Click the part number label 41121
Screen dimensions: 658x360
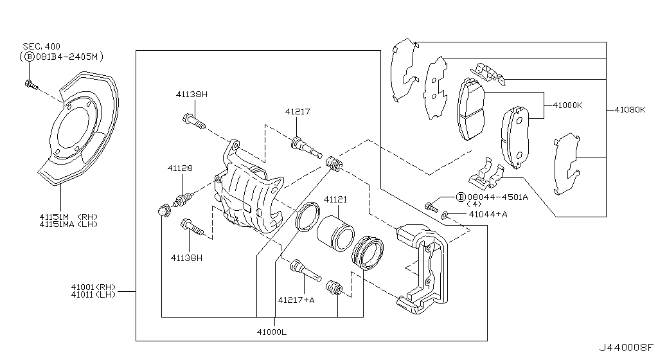pos(335,200)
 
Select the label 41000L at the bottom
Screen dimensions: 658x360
pos(272,332)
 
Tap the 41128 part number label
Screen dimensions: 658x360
pos(180,168)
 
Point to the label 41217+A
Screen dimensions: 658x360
pos(296,300)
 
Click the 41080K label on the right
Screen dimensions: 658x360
pos(630,110)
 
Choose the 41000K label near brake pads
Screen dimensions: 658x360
pos(568,105)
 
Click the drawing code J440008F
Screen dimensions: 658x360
pos(626,347)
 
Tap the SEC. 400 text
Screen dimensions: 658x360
pos(42,46)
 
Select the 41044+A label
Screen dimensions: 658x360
pos(488,215)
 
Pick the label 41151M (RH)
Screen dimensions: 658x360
pos(69,217)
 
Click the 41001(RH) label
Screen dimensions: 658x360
pos(93,287)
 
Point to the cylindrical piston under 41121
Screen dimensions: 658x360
pos(335,233)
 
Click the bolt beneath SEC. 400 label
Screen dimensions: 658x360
pos(31,84)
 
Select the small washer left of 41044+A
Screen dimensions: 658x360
pos(445,215)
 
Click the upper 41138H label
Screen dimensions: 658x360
pos(191,94)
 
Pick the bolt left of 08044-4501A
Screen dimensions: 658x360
pos(431,207)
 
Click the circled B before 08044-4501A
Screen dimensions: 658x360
pos(460,197)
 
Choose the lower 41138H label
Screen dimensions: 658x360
pos(186,258)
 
